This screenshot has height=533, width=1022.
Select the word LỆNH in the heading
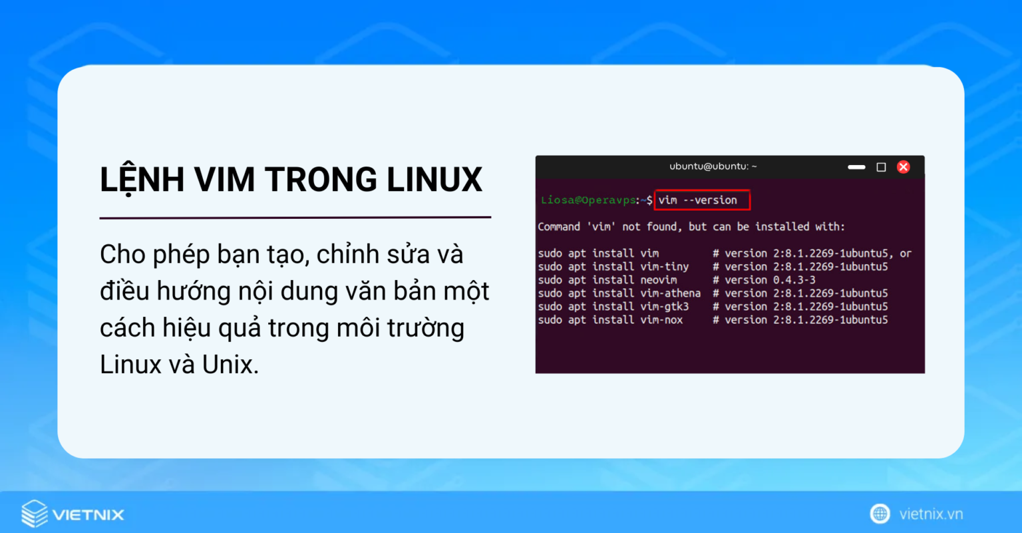coord(142,180)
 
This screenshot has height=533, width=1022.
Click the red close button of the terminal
coord(903,167)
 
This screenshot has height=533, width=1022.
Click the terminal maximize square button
coord(881,167)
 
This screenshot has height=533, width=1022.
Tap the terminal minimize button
coord(856,167)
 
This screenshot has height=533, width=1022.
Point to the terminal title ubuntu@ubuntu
coord(713,166)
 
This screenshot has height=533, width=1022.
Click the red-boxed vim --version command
coord(702,200)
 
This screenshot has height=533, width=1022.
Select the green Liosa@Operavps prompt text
coord(588,200)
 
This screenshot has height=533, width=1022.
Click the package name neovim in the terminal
coord(658,280)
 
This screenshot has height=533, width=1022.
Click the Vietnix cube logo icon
coord(35,514)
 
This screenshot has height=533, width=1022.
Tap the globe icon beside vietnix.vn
coord(880,514)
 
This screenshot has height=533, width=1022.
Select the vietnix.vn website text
coord(931,514)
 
